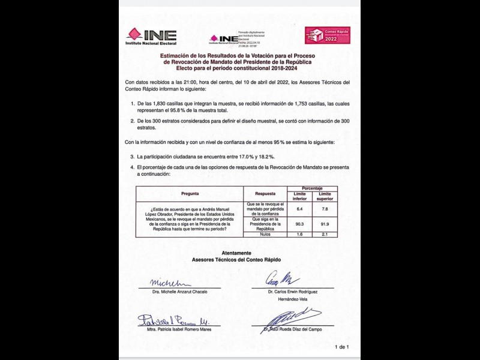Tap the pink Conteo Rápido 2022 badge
(327, 35)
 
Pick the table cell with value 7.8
(325, 208)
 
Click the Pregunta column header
(190, 194)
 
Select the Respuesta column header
(265, 194)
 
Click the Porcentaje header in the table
(312, 188)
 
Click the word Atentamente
(236, 253)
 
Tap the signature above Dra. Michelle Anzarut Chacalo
(166, 282)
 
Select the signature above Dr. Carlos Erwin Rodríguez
(283, 280)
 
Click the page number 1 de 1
(341, 347)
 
